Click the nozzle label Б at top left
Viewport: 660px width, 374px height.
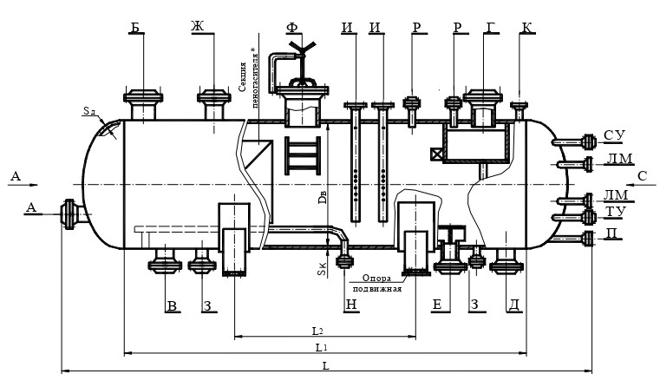(135, 28)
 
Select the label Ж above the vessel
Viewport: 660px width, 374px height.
(198, 26)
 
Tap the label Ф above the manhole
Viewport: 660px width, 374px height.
(291, 28)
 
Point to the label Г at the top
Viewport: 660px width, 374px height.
(491, 27)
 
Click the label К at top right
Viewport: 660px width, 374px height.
(526, 28)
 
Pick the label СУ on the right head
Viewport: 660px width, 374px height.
(615, 135)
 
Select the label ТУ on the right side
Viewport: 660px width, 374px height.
(616, 212)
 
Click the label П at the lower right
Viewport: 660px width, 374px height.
(613, 233)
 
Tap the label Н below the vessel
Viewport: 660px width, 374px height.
(351, 305)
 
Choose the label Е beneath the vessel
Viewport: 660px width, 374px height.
(437, 305)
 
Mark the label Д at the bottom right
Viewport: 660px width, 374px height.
(514, 305)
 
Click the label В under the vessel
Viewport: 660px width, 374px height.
(172, 305)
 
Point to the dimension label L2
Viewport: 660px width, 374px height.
(317, 331)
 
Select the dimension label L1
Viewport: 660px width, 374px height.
(322, 347)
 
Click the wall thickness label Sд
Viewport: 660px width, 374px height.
(89, 111)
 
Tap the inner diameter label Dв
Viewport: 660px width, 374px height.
(323, 197)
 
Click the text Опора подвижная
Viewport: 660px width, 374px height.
(376, 284)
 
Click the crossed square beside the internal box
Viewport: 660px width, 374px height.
(436, 154)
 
